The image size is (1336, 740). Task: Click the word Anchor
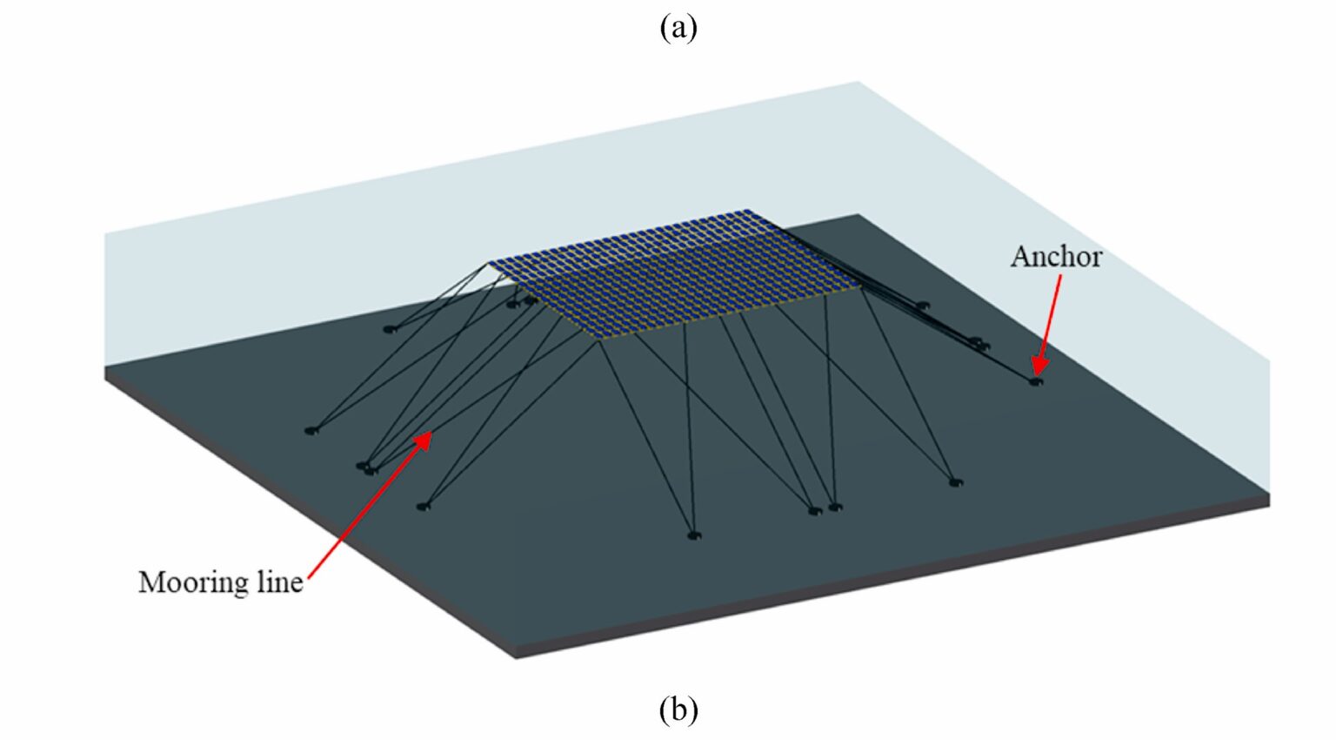click(1055, 257)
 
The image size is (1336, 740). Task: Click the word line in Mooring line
click(279, 582)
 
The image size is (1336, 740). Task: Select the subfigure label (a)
click(678, 27)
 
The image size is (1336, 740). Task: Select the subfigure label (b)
click(678, 710)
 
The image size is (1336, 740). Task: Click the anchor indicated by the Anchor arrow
click(1035, 380)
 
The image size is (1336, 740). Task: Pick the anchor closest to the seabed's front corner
click(692, 535)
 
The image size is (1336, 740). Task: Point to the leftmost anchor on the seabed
click(311, 430)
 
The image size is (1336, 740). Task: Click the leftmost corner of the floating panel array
click(490, 263)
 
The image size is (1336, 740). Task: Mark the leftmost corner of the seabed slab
click(106, 373)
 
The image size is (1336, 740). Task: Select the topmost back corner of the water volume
click(858, 83)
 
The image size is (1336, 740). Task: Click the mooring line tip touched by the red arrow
click(429, 433)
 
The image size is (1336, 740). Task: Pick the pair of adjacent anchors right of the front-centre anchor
click(825, 508)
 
